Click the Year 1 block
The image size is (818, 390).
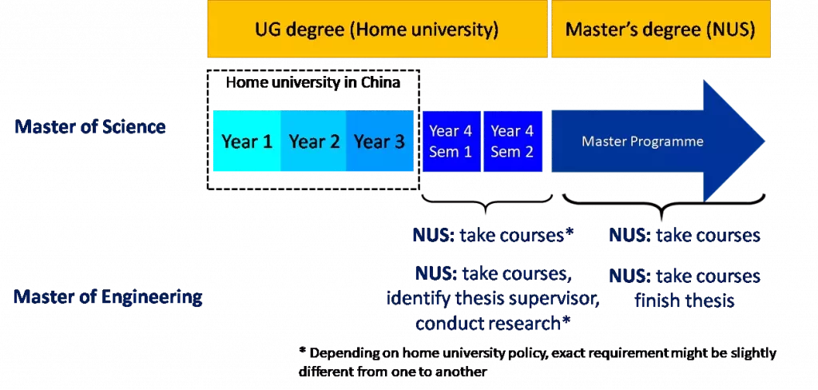[247, 141]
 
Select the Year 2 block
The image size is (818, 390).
[314, 141]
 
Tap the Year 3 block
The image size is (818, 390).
[379, 141]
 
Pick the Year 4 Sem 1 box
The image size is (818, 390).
[451, 141]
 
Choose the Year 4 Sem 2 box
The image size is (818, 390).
[513, 141]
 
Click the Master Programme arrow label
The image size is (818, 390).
[642, 141]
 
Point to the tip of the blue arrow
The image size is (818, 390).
[764, 141]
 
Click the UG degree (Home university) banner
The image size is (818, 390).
[377, 29]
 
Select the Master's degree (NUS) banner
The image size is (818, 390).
[661, 29]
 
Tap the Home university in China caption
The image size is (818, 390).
[313, 82]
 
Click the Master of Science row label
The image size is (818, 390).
[90, 126]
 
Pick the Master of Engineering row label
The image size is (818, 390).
[108, 296]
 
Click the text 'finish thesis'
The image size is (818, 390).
[685, 300]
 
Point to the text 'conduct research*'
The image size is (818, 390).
[492, 323]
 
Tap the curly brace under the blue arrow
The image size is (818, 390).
[664, 205]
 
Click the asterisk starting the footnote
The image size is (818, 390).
[302, 352]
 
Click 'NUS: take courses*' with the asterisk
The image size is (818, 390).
[493, 236]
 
